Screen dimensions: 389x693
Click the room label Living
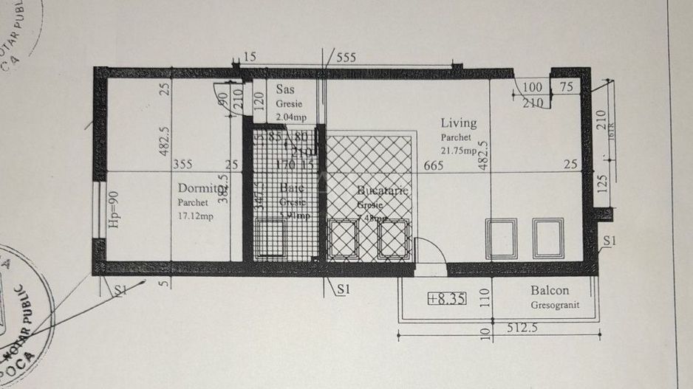459,123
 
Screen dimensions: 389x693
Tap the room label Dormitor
200,188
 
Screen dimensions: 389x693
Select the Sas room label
284,89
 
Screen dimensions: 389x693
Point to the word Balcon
549,291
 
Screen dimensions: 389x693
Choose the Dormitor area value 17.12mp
196,216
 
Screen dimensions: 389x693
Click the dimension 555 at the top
346,57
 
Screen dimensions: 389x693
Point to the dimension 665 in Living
434,165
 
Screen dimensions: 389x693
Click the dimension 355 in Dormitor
182,165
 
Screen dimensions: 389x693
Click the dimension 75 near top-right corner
566,87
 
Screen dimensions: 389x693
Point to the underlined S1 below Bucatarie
341,289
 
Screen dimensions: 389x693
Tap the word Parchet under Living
457,137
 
